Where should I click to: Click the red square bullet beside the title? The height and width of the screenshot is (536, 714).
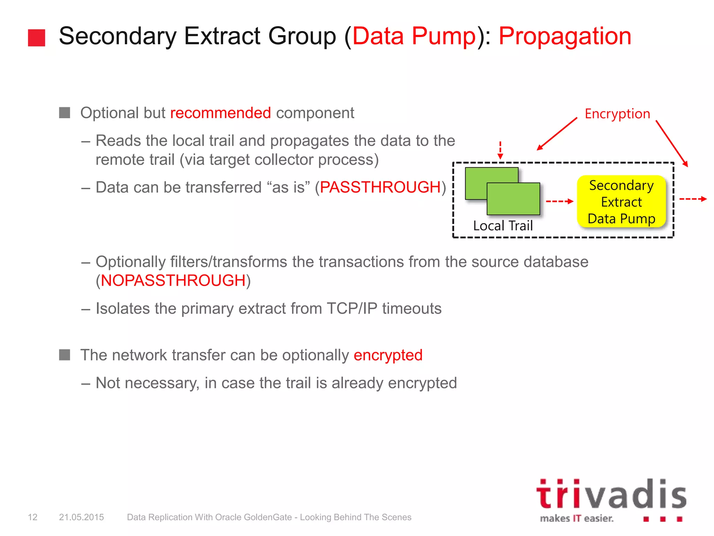(x=36, y=38)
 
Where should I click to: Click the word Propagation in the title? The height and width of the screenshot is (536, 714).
(x=565, y=36)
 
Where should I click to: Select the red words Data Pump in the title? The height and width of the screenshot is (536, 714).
(x=414, y=36)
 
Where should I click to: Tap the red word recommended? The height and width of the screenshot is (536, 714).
(x=220, y=113)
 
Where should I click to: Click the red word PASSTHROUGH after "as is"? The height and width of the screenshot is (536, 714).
(x=380, y=187)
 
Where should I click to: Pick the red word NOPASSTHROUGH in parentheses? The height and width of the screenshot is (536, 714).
(x=173, y=281)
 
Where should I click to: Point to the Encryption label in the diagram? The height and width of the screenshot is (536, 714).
(x=617, y=114)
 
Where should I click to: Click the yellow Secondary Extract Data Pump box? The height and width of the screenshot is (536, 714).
(x=621, y=202)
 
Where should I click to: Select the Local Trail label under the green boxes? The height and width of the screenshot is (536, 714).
(x=503, y=226)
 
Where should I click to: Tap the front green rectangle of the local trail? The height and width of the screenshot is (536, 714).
(x=513, y=199)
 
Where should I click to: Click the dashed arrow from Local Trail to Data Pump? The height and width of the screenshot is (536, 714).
(x=559, y=201)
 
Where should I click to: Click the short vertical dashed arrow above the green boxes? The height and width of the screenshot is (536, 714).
(x=500, y=150)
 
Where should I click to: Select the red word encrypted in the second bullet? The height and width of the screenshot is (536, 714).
(x=388, y=355)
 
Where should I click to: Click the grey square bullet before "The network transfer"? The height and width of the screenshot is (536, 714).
(x=64, y=355)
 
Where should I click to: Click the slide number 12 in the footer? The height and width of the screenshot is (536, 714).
(x=32, y=517)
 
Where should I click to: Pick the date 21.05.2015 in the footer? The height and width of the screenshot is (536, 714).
(x=81, y=517)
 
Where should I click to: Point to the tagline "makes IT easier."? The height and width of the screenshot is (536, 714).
(x=577, y=519)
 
